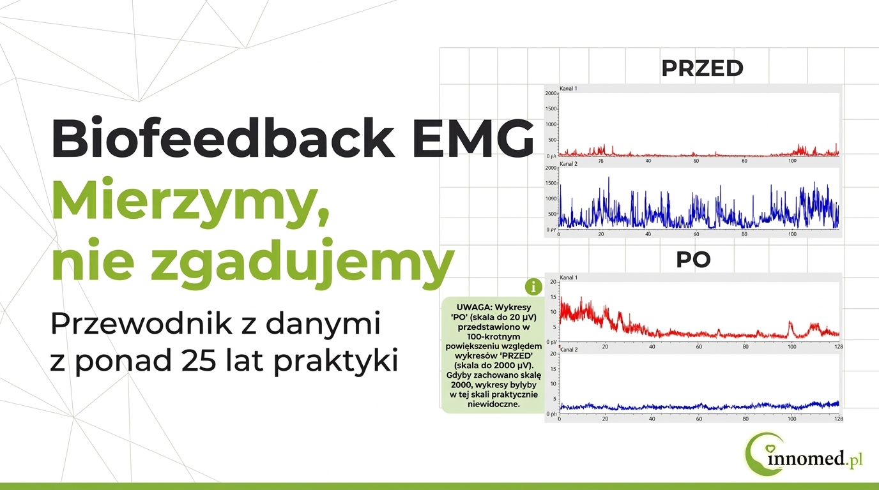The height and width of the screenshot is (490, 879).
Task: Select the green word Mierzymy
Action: coord(189,203)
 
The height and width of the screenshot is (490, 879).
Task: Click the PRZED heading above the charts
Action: coord(702,68)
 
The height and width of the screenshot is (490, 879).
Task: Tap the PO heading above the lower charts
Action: coord(693,261)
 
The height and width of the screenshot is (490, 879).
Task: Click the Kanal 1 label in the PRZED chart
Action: coord(569,88)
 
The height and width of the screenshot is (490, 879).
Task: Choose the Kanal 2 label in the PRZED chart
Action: coord(569,164)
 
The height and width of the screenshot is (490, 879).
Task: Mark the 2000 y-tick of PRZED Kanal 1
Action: coord(551,94)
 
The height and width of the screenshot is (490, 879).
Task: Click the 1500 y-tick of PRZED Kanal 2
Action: coord(551,184)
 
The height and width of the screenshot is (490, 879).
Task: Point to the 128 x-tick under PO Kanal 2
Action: coord(839,419)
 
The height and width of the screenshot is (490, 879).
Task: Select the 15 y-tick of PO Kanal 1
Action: coord(553,297)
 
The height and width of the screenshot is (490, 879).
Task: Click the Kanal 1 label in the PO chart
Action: coord(569,278)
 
